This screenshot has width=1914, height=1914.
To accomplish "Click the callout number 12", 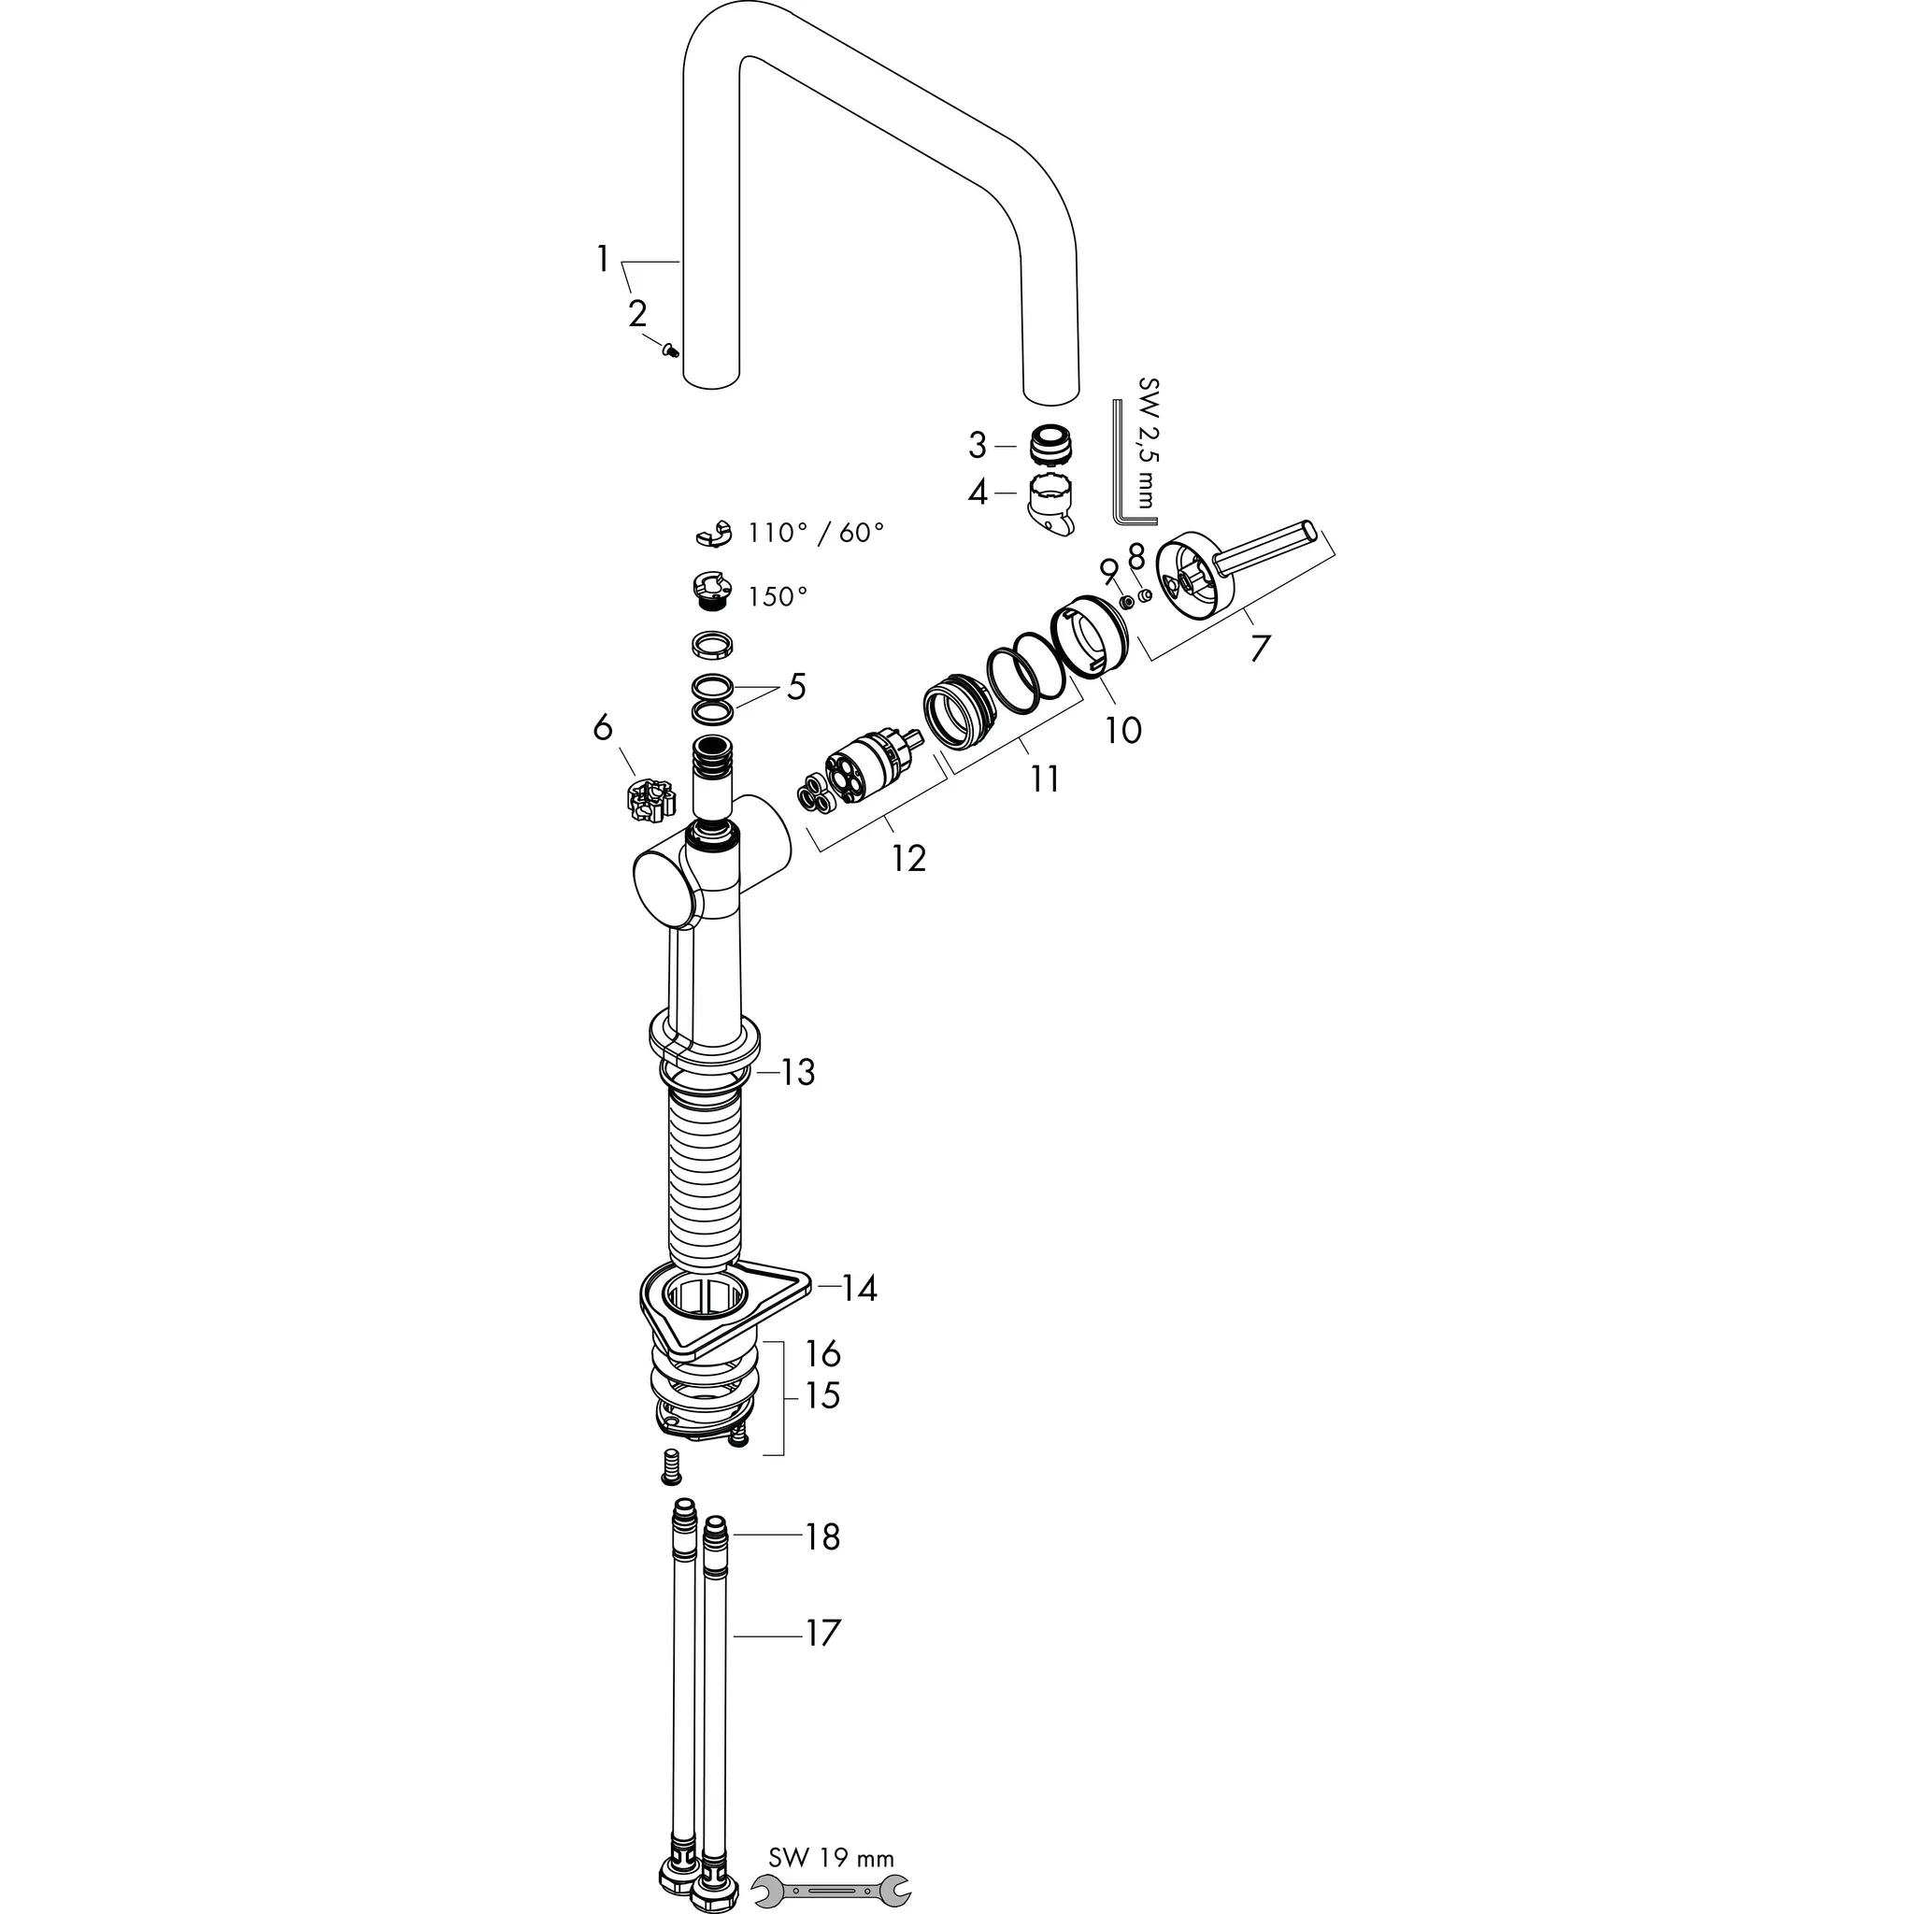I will [907, 858].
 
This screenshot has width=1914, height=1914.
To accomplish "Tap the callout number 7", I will [1259, 649].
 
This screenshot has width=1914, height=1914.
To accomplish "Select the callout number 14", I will [859, 1289].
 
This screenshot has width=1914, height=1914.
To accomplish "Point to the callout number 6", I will [603, 728].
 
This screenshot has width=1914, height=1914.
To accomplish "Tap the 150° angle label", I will [778, 596].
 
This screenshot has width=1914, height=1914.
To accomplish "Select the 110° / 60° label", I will [815, 533].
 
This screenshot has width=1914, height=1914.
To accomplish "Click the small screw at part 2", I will [672, 348].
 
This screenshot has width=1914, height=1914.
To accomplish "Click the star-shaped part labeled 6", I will [650, 798].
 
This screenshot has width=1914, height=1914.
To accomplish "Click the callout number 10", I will [1122, 731].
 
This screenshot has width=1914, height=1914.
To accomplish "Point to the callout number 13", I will [797, 1072].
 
